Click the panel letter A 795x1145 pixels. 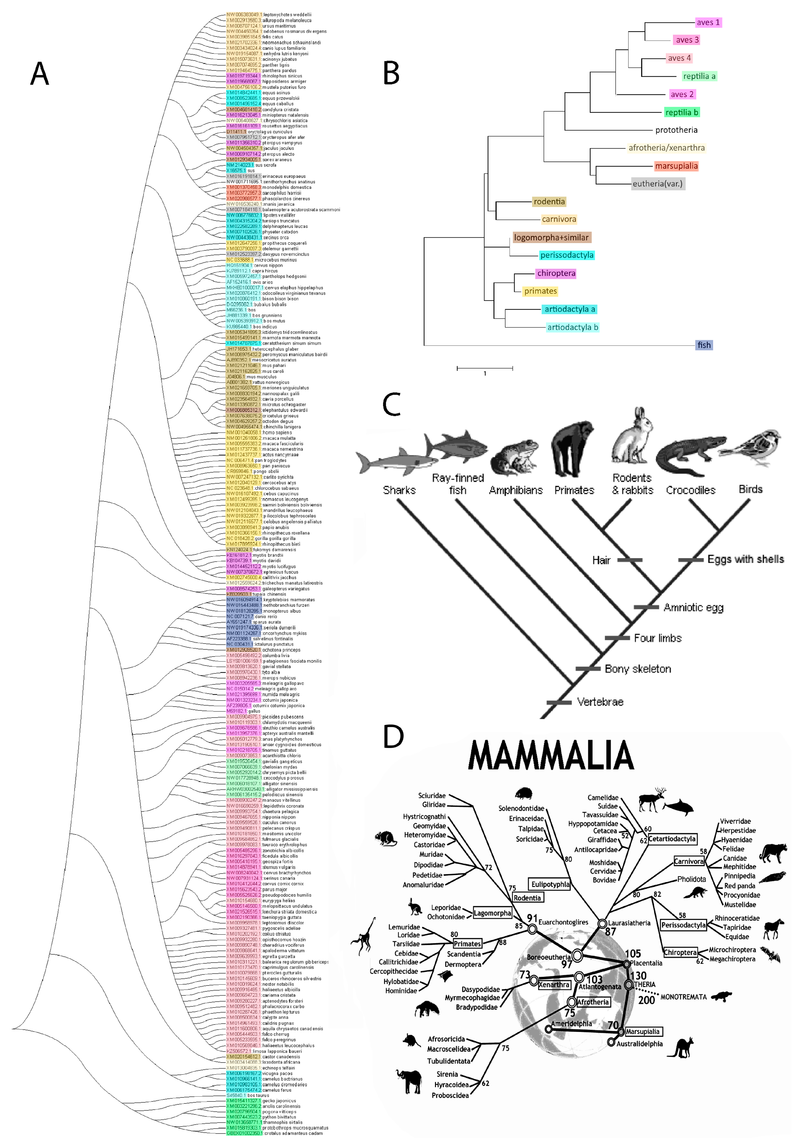(40, 74)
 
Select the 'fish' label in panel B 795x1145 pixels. (704, 345)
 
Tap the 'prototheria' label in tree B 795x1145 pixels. (676, 130)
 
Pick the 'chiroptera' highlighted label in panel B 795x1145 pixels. (556, 273)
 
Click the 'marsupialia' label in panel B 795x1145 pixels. (676, 166)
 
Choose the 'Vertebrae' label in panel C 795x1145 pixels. (600, 702)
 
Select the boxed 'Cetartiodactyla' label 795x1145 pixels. (672, 839)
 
